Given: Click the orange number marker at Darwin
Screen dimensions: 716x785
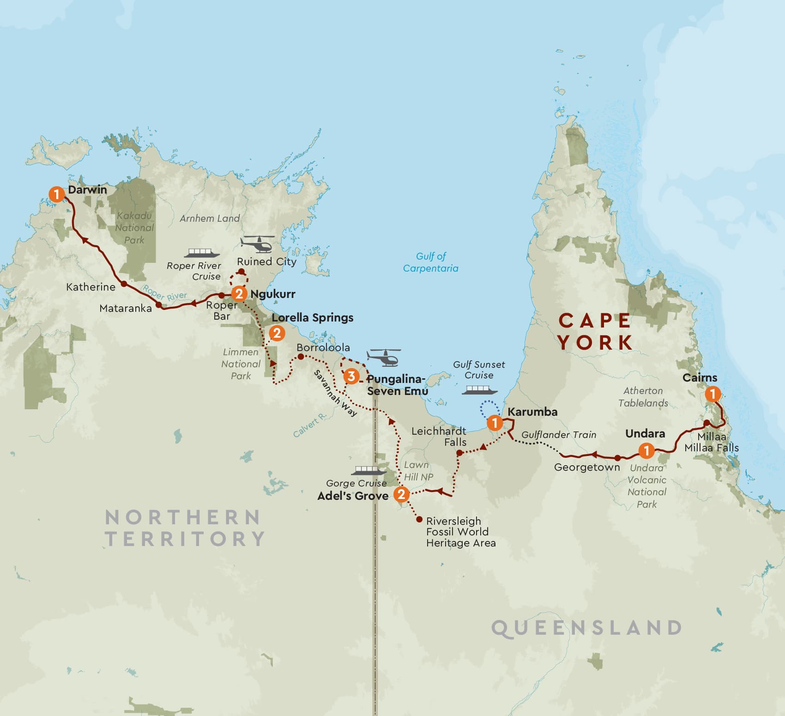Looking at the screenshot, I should [x=56, y=194].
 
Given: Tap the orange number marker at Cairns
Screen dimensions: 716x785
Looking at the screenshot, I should [x=713, y=394].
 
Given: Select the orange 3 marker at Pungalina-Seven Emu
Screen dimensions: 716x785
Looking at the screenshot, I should [x=351, y=376].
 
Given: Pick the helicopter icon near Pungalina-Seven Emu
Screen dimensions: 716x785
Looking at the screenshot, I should [x=384, y=357].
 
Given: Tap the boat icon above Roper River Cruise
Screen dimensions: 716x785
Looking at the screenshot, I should [x=200, y=253].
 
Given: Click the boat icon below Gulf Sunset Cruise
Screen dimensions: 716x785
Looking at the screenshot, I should [x=480, y=390].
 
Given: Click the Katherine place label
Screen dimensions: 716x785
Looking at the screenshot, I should [x=91, y=287].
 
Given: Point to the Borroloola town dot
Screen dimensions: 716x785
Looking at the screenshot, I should [x=301, y=357].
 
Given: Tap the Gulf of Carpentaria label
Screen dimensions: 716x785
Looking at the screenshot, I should [x=430, y=262].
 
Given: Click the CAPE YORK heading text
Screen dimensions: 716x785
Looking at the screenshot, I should [x=595, y=331].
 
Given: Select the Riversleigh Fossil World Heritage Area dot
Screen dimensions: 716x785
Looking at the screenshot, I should [x=419, y=520].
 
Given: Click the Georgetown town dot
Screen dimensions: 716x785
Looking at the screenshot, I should [x=617, y=458].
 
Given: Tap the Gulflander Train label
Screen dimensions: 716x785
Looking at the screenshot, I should [x=559, y=435].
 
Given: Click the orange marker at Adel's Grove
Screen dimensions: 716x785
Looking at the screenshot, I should [x=401, y=494].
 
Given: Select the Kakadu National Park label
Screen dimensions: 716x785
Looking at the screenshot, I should [x=134, y=228].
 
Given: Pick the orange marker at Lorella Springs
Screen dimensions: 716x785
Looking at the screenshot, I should [x=277, y=333].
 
